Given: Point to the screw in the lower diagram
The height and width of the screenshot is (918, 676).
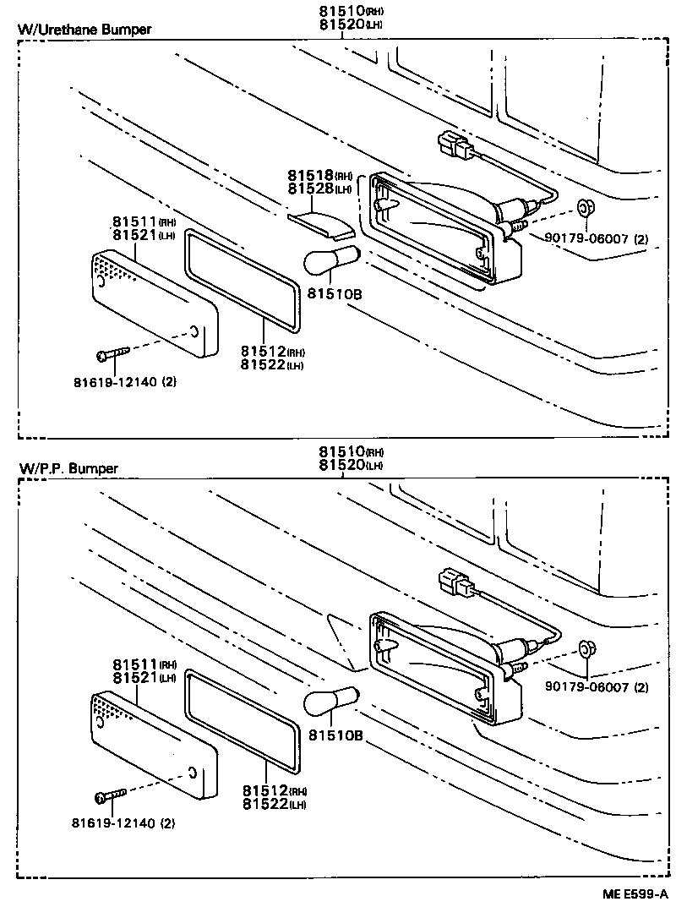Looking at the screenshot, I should click(x=111, y=795).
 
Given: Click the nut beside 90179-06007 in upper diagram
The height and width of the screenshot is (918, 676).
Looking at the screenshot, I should click(x=584, y=208).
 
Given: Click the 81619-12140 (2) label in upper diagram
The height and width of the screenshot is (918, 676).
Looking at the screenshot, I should click(x=123, y=381).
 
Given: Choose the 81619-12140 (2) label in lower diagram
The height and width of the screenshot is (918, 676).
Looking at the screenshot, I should click(x=123, y=822).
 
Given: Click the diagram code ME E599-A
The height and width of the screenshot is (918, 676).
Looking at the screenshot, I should click(x=634, y=893).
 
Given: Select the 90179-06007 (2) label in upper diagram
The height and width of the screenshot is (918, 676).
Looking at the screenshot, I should click(x=596, y=240).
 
